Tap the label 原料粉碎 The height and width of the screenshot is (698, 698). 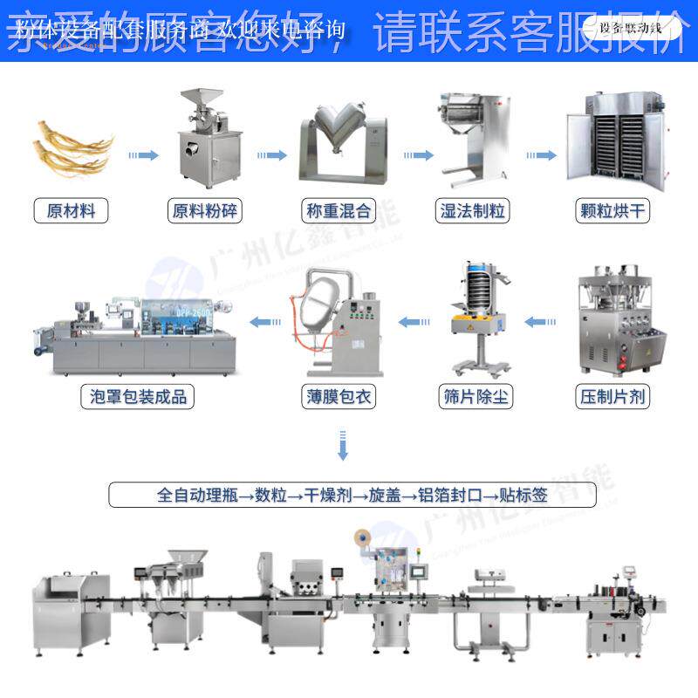tap(205, 210)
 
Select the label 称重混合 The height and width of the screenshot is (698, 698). tap(339, 210)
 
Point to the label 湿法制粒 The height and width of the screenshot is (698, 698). tap(472, 210)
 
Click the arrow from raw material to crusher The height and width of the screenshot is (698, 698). tap(143, 155)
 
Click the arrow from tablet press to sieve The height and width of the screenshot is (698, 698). tap(541, 323)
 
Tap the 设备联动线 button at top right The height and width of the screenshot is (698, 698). tap(630, 27)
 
